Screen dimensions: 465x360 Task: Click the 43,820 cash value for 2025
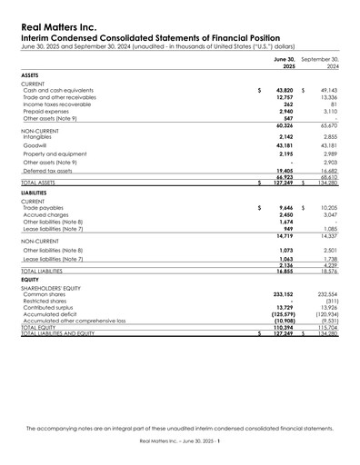pyautogui.click(x=285, y=91)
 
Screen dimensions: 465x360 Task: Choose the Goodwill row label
pyautogui.click(x=37, y=145)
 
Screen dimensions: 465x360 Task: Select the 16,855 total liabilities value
pyautogui.click(x=285, y=271)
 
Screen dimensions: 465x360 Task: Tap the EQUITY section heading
pyautogui.click(x=29, y=280)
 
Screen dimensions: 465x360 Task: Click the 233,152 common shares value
pyautogui.click(x=284, y=295)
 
